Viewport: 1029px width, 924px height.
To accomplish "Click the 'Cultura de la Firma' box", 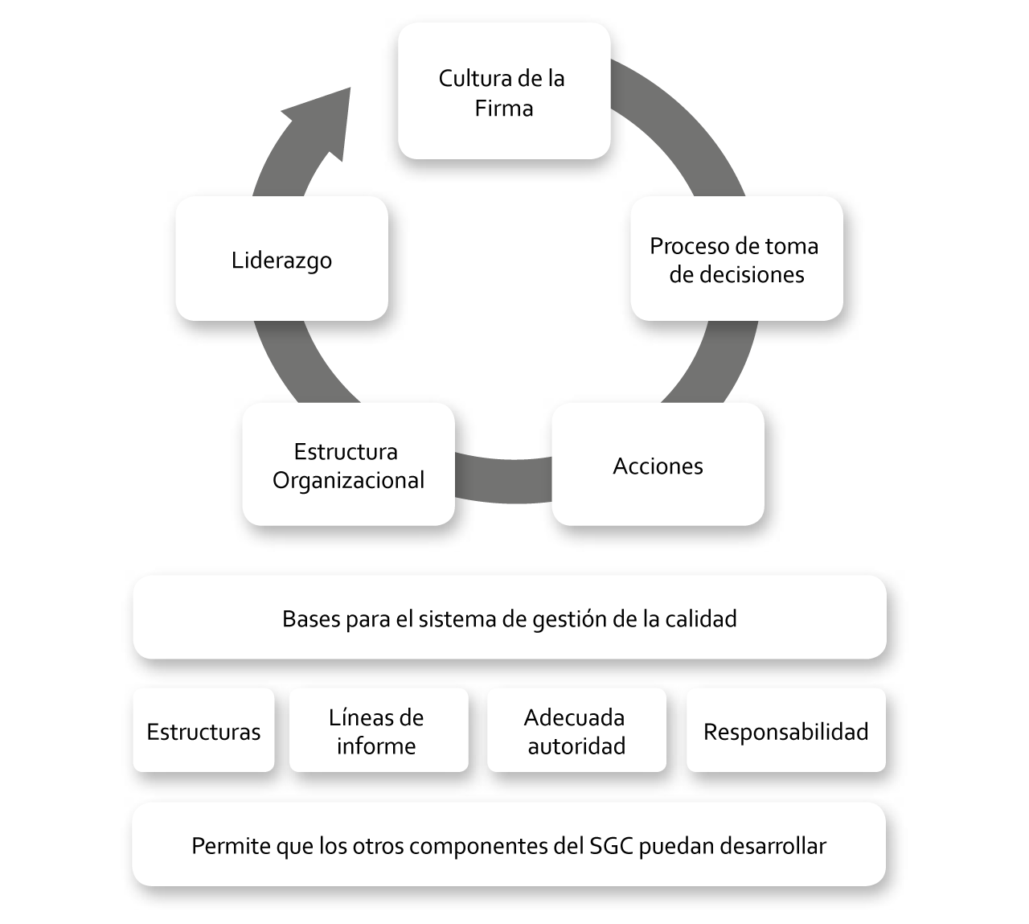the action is [x=504, y=91].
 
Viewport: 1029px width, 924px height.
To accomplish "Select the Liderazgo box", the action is [x=282, y=259].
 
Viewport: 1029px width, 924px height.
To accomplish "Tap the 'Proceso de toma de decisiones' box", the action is [x=736, y=259].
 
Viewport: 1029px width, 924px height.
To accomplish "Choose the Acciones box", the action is [x=658, y=465].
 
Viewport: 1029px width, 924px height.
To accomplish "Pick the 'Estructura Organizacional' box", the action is [x=348, y=465].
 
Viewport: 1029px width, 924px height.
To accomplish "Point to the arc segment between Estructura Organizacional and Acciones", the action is [x=503, y=480].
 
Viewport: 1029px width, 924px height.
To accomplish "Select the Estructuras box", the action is [x=203, y=730].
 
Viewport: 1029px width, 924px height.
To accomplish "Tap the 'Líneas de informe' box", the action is [x=379, y=730].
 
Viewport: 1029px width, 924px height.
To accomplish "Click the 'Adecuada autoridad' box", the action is [x=576, y=730].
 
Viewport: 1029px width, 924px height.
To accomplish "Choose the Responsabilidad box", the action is [x=785, y=730].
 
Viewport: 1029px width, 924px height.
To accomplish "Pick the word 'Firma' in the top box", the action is [x=504, y=109].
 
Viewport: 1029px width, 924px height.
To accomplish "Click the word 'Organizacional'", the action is [x=348, y=481].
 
